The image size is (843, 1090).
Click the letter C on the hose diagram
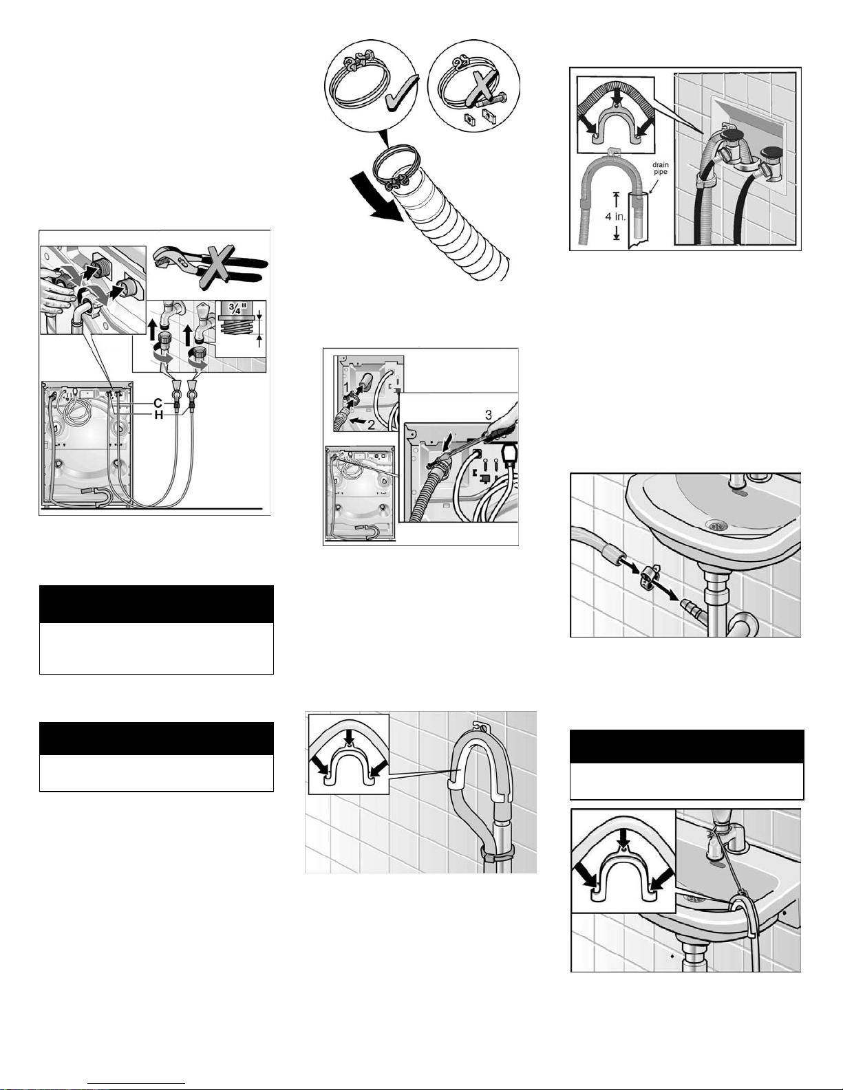click(158, 403)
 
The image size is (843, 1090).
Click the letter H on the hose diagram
click(158, 415)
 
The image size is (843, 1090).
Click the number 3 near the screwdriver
click(488, 415)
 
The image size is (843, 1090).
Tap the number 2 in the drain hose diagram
click(371, 425)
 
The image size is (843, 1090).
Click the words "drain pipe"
click(661, 168)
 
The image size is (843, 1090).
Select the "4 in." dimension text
click(615, 217)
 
